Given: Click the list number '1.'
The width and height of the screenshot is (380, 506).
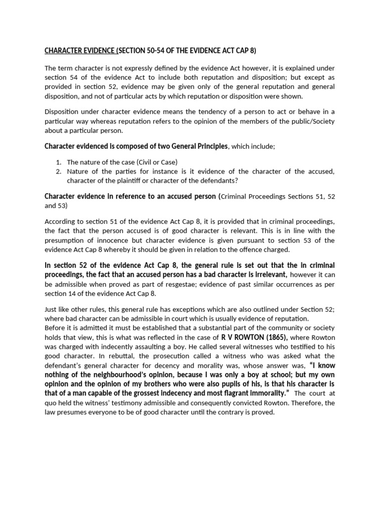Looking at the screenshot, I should click(58, 162).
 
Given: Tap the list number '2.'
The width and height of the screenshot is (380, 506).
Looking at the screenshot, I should click(58, 171).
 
